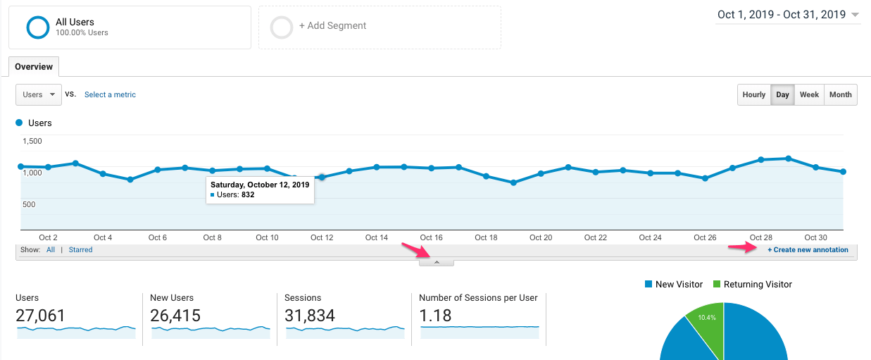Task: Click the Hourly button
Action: (x=753, y=94)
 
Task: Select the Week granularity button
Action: (x=809, y=94)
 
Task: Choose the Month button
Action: (x=840, y=94)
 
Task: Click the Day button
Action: (x=782, y=94)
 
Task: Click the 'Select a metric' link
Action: (x=110, y=94)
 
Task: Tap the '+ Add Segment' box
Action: (x=380, y=27)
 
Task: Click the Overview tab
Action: (x=34, y=67)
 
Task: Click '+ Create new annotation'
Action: (x=808, y=250)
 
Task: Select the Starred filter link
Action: (x=80, y=250)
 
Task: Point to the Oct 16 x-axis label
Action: (x=431, y=237)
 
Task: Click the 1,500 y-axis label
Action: (x=32, y=141)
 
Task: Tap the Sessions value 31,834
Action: (x=310, y=316)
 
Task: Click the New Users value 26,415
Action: (x=175, y=316)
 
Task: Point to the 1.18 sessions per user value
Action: (x=435, y=316)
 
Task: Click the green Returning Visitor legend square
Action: (x=717, y=285)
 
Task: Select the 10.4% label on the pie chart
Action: (x=706, y=318)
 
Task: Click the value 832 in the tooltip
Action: (x=248, y=194)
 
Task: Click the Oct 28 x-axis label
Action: (x=760, y=237)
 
